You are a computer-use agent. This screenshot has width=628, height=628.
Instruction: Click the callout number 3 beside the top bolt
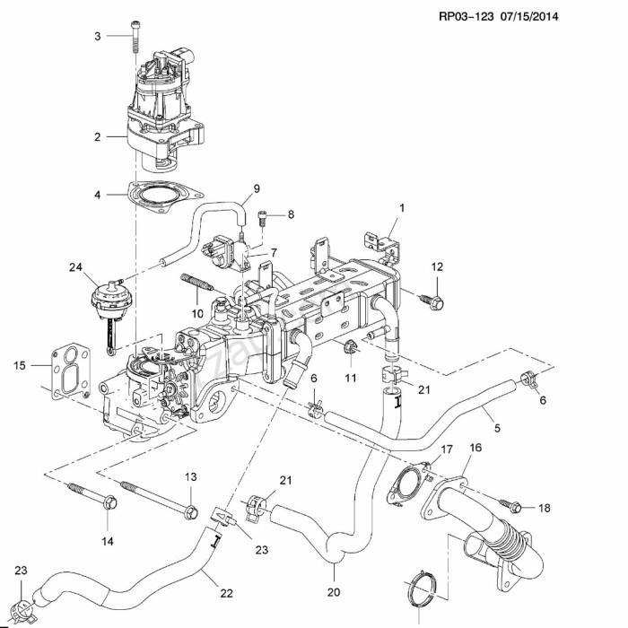click(x=98, y=37)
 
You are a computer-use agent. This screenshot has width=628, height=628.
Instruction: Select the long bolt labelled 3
click(x=135, y=37)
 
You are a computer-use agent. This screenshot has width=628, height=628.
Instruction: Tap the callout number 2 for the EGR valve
click(x=97, y=137)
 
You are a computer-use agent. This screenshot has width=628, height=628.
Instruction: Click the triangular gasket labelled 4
click(x=164, y=196)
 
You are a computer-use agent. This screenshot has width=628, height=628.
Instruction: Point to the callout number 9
click(x=257, y=188)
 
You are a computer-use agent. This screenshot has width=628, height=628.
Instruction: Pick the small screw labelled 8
click(x=262, y=219)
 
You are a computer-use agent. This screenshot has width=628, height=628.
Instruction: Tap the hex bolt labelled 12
click(x=432, y=301)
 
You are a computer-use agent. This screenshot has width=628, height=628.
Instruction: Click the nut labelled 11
click(x=350, y=346)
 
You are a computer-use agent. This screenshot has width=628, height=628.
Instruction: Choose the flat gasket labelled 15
click(x=71, y=371)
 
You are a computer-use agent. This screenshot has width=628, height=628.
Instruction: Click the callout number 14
click(x=108, y=542)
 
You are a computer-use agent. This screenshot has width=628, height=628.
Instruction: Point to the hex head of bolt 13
click(x=191, y=512)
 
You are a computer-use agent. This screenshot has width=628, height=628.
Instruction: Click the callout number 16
click(x=475, y=448)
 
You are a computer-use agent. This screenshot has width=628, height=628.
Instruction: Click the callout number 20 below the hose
click(x=333, y=592)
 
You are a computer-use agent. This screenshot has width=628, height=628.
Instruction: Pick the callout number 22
click(x=226, y=593)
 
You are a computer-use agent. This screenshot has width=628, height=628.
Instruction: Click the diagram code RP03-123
click(x=467, y=16)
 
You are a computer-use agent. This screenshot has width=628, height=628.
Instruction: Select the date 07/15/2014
click(x=529, y=16)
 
